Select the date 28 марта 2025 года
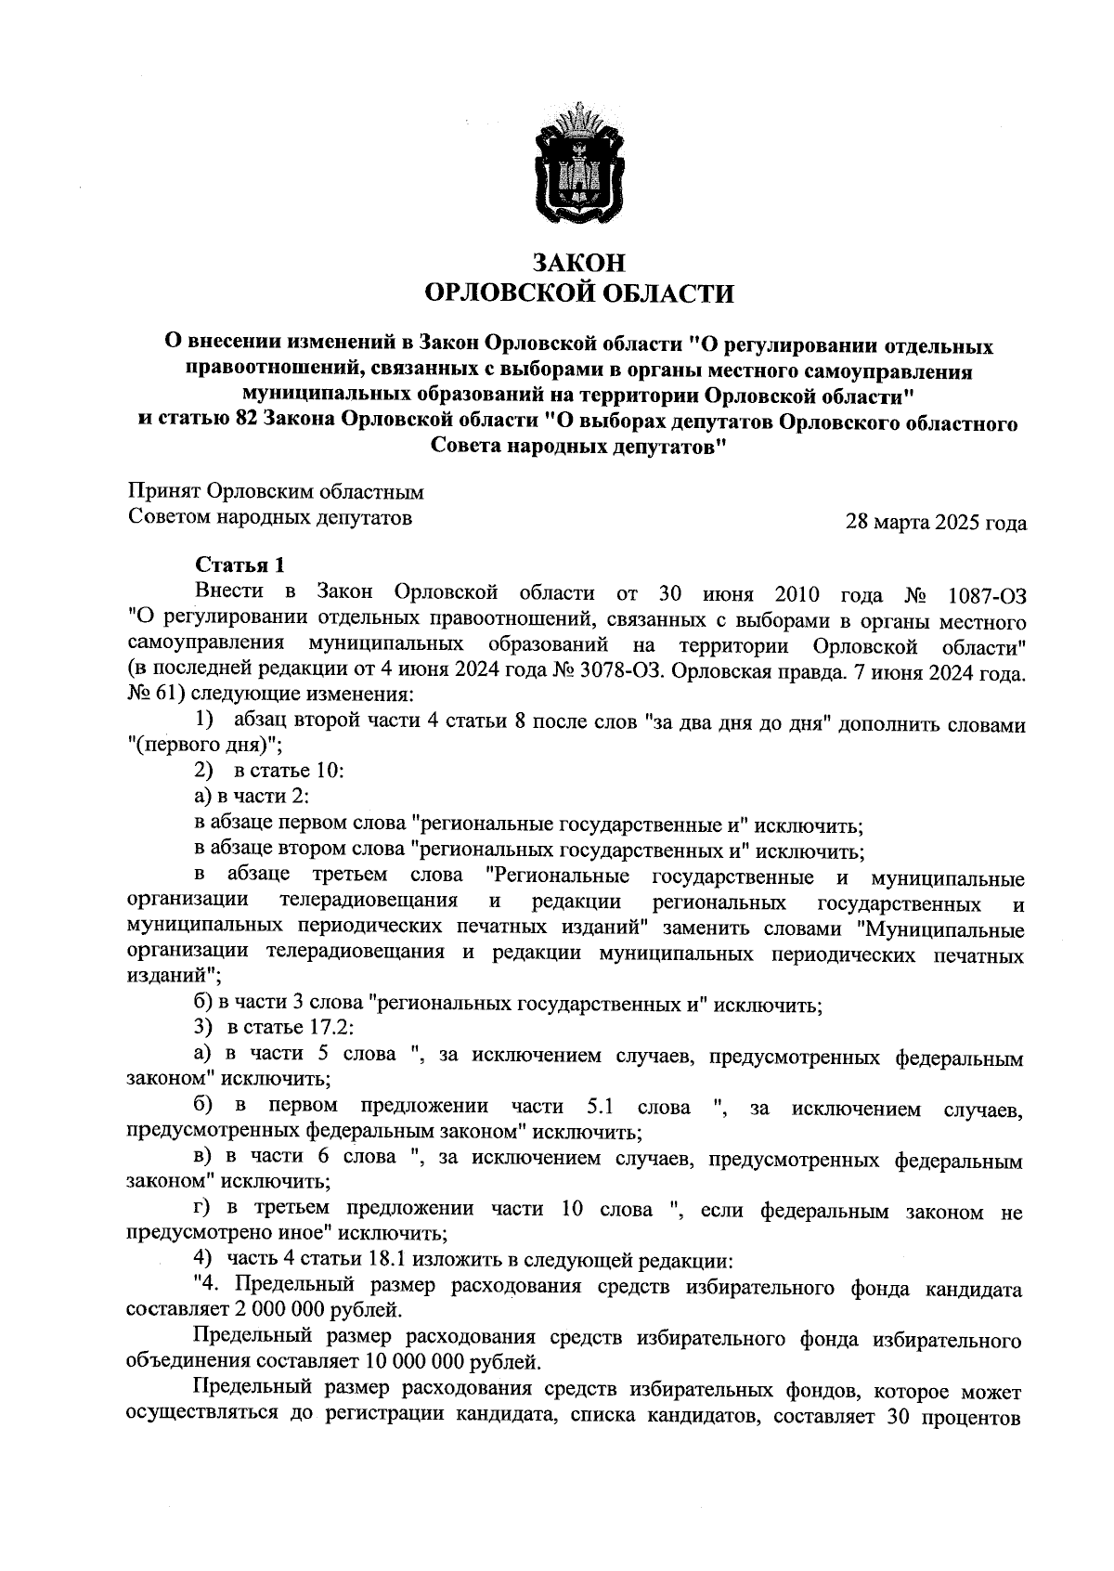[x=936, y=523]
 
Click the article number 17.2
[x=324, y=1028]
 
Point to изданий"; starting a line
[x=173, y=977]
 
